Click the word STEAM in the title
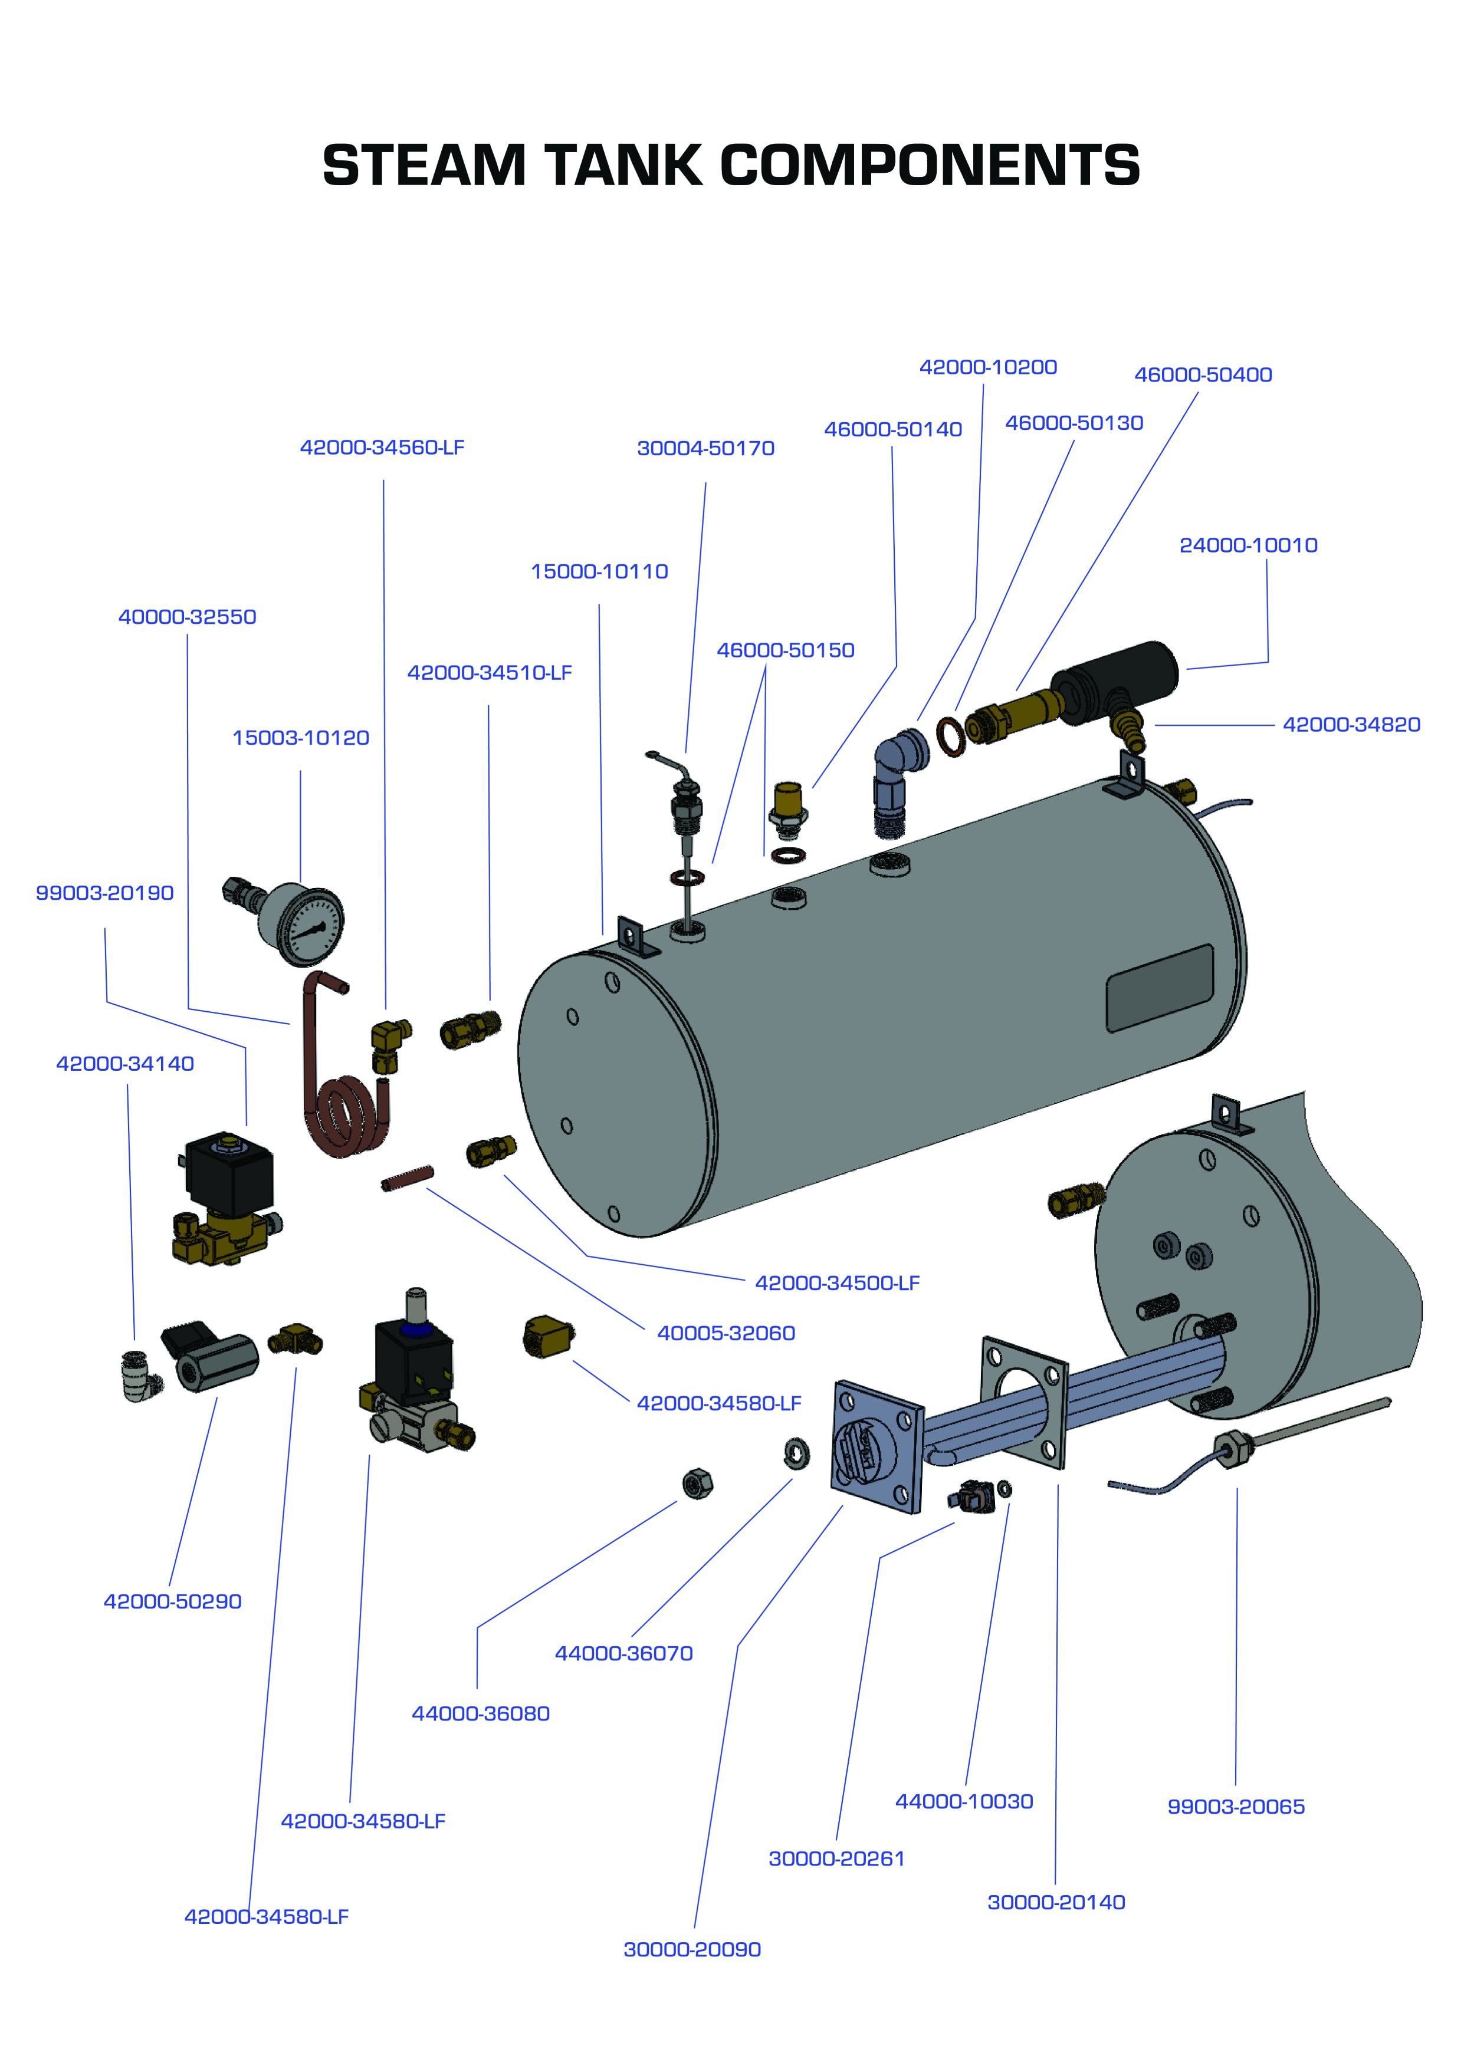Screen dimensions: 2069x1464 pyautogui.click(x=424, y=167)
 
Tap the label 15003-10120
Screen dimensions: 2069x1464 pyautogui.click(x=300, y=738)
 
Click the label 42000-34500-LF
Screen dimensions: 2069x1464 pyautogui.click(x=836, y=1283)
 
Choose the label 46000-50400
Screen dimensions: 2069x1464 pyautogui.click(x=1203, y=375)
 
